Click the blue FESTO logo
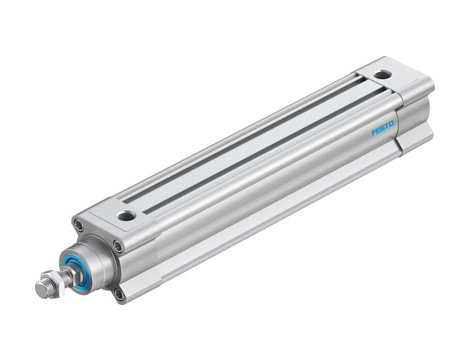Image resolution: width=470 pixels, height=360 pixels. [383, 128]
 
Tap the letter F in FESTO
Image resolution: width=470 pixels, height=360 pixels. [375, 133]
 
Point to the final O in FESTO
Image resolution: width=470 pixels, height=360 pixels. [392, 123]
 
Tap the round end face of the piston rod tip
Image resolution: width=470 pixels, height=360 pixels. [39, 291]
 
